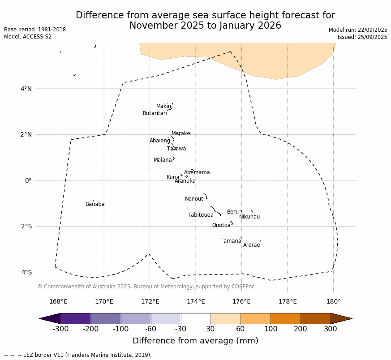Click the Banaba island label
[95, 205]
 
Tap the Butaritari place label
[155, 114]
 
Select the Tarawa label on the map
[176, 149]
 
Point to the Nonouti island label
[195, 199]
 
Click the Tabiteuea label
[201, 215]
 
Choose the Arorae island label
[251, 245]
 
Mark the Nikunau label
[249, 217]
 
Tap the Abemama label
[197, 173]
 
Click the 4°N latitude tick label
[26, 89]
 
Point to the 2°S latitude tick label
[26, 226]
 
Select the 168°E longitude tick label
[58, 301]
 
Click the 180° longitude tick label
[333, 301]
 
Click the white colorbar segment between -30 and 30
[196, 318]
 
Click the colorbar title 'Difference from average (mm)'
[195, 341]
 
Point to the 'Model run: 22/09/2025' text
[358, 30]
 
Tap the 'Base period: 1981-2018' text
[35, 30]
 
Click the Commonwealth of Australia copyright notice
[146, 287]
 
